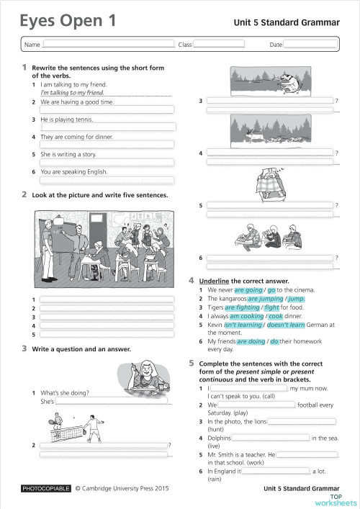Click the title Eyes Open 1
click(68, 22)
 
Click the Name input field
click(108, 44)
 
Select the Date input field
click(310, 44)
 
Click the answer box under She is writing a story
click(106, 163)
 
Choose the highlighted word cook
click(276, 315)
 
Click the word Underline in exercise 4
click(215, 281)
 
